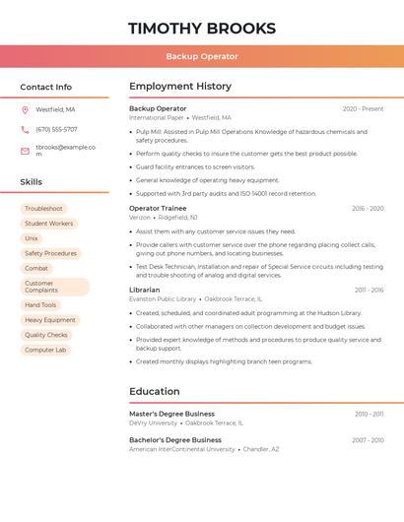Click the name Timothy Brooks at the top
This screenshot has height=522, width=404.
(x=201, y=28)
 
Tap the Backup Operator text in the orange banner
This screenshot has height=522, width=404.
(x=201, y=56)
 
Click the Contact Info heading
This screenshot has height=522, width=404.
(x=45, y=87)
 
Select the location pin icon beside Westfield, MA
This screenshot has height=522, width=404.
(x=25, y=109)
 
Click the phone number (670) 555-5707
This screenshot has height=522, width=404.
(x=56, y=129)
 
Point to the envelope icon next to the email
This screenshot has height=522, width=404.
(x=25, y=151)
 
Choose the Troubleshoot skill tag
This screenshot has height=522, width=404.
(x=43, y=209)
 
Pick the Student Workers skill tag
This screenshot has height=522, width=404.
(x=48, y=224)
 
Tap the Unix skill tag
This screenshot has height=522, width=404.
(x=32, y=238)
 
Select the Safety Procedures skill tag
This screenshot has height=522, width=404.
(x=50, y=253)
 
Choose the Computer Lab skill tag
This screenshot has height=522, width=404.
(x=45, y=350)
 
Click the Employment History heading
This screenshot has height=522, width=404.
(x=180, y=87)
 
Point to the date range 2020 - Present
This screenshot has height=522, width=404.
(x=363, y=108)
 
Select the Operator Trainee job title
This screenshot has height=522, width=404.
(x=158, y=208)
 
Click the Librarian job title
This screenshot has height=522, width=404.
(x=144, y=290)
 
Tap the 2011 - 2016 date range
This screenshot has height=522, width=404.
(x=369, y=290)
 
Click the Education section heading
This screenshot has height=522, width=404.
(x=154, y=391)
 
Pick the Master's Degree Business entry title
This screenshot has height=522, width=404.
(x=171, y=414)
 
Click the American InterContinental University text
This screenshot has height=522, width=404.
(x=181, y=449)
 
